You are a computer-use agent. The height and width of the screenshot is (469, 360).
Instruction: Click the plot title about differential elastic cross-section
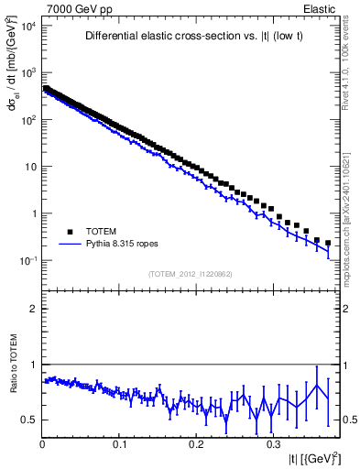[190, 37]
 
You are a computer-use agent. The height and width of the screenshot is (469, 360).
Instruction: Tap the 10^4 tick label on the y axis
[27, 26]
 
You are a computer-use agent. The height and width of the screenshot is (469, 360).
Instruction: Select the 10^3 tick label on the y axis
[27, 72]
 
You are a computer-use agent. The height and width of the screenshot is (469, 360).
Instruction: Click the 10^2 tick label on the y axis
[27, 120]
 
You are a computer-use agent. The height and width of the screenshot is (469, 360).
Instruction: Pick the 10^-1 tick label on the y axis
[27, 261]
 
